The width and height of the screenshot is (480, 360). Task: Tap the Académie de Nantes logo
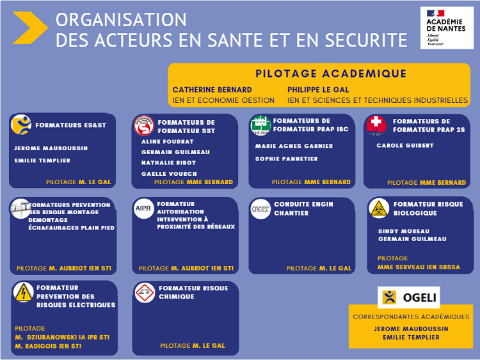tap(447, 27)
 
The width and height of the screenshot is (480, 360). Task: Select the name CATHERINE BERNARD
tap(212, 90)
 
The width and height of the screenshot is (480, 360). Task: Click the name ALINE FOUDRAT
tap(168, 142)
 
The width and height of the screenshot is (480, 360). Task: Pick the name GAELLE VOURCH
tap(169, 173)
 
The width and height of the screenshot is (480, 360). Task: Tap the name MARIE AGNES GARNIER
tap(294, 146)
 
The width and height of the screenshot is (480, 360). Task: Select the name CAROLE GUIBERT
tap(404, 146)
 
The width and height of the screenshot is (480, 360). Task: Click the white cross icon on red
tap(376, 124)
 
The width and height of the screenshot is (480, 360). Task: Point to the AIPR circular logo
tap(144, 208)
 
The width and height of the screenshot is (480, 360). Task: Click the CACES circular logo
tap(260, 208)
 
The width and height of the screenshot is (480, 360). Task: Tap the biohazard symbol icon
tap(379, 208)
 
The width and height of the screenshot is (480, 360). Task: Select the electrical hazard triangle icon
tap(23, 292)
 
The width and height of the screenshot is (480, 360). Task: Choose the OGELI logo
tap(409, 297)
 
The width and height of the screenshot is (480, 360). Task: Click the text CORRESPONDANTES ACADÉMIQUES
tap(411, 317)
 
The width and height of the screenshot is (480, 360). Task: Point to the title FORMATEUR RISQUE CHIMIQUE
tap(193, 292)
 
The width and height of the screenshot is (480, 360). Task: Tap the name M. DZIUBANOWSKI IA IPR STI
tap(62, 337)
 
